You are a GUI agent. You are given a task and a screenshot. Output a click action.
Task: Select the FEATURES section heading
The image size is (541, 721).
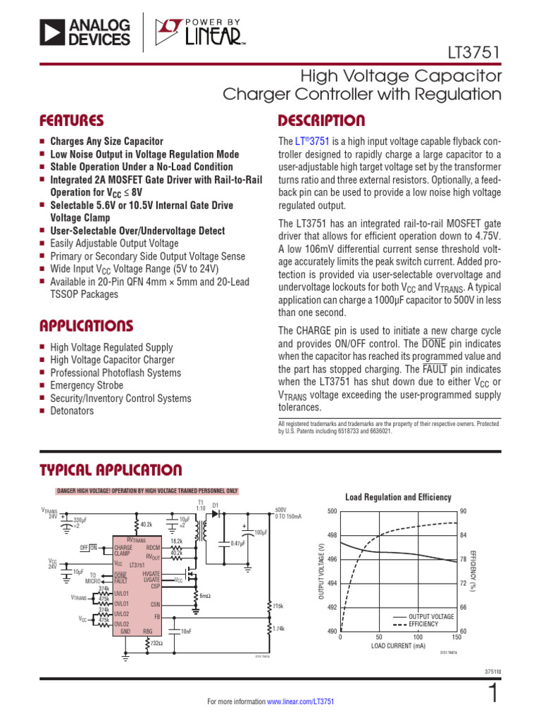(72, 120)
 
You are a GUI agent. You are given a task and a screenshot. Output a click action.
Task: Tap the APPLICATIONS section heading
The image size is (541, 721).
(86, 326)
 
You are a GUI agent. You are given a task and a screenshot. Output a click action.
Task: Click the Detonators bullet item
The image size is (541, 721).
(71, 411)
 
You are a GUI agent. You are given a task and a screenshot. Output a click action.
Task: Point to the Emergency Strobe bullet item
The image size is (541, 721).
(86, 386)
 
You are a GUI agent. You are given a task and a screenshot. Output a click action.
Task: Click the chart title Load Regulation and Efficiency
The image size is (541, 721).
(398, 497)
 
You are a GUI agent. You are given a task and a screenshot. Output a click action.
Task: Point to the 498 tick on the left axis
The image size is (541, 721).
(332, 535)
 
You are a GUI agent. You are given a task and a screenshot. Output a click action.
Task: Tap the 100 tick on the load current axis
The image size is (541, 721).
(418, 637)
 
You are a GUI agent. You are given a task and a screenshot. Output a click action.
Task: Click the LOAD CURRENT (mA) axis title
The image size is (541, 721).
(398, 646)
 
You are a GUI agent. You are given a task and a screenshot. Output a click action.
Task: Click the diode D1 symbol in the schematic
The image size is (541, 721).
(216, 513)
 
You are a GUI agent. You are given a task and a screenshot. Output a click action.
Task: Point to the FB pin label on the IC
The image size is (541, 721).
(158, 616)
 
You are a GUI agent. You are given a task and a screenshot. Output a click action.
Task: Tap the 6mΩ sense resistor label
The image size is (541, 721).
(205, 596)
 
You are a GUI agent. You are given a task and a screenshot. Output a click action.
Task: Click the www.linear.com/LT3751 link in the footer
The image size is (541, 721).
(300, 702)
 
